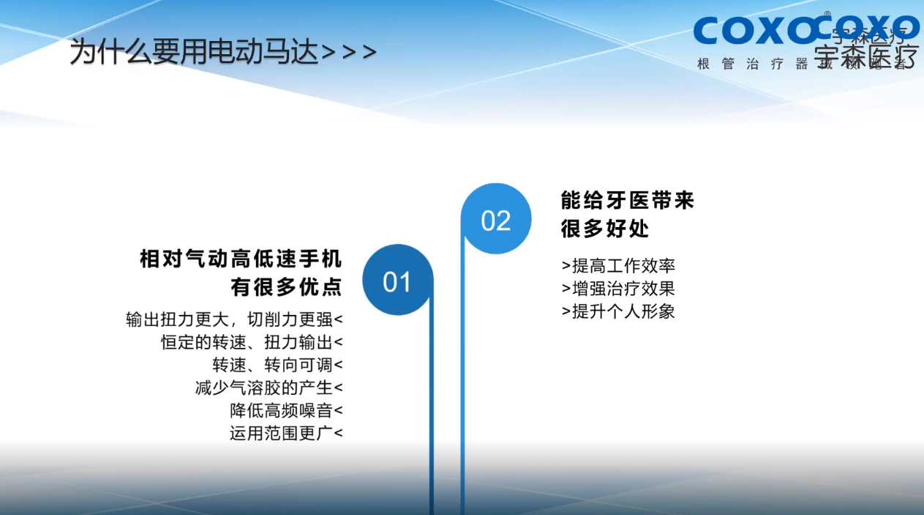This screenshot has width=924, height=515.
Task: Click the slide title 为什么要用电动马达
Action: pyautogui.click(x=195, y=53)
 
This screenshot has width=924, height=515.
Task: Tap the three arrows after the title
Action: pyautogui.click(x=350, y=53)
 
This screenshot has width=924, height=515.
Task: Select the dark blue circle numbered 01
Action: pyautogui.click(x=397, y=281)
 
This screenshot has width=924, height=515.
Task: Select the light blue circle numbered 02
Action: pyautogui.click(x=495, y=220)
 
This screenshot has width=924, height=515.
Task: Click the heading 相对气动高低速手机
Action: pyautogui.click(x=241, y=259)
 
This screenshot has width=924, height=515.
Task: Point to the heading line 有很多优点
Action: pyautogui.click(x=286, y=287)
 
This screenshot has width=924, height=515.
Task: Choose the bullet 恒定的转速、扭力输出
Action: pyautogui.click(x=252, y=342)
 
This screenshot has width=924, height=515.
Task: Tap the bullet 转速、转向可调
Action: pyautogui.click(x=277, y=365)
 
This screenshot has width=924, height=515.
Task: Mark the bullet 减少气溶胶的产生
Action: pyautogui.click(x=268, y=388)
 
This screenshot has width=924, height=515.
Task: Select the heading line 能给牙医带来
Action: pyautogui.click(x=627, y=201)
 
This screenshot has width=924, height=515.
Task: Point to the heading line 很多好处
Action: pyautogui.click(x=605, y=229)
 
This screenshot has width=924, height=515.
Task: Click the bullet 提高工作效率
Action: pyautogui.click(x=618, y=266)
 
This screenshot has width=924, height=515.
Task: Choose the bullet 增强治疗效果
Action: pyautogui.click(x=618, y=289)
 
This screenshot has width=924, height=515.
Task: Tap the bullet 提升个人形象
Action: pyautogui.click(x=618, y=311)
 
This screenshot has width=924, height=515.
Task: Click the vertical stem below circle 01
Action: pyautogui.click(x=432, y=418)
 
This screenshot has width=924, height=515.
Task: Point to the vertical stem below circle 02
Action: pyautogui.click(x=462, y=381)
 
